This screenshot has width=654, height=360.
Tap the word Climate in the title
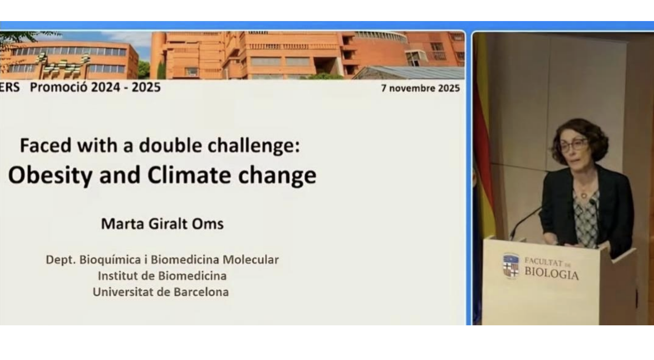coord(189,175)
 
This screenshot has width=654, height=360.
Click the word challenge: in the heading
coord(254,146)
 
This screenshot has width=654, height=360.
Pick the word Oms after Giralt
coord(208,224)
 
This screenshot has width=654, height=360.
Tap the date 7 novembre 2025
coord(420,88)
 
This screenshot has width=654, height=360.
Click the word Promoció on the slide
coord(58,87)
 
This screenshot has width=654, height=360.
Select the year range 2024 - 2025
coord(126,87)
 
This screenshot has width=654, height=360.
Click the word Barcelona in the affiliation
coord(201,292)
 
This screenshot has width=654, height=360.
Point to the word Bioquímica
coord(110,260)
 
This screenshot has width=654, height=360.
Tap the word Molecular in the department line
coord(251,260)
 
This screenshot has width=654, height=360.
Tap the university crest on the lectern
coord(511,266)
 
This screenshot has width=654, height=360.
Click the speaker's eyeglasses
coord(574,145)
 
